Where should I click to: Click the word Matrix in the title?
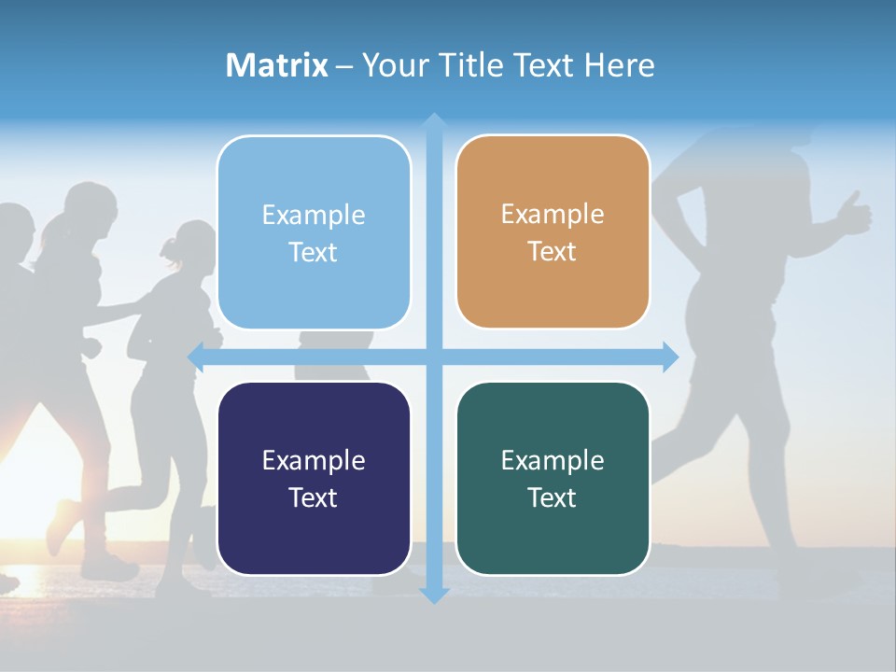(x=276, y=65)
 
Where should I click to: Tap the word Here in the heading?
(x=619, y=65)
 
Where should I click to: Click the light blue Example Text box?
(x=314, y=232)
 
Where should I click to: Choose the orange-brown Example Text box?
(x=553, y=231)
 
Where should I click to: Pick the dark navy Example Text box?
(x=314, y=478)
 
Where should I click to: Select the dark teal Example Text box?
(x=553, y=478)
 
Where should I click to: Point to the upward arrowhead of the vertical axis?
(x=434, y=121)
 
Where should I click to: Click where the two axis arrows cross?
(x=434, y=357)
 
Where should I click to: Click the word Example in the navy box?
(x=314, y=460)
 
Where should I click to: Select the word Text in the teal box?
(x=553, y=497)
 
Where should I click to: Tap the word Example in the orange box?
(x=553, y=214)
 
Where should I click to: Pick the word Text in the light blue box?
(x=314, y=252)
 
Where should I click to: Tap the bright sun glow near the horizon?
(x=23, y=485)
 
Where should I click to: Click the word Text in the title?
(x=544, y=65)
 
